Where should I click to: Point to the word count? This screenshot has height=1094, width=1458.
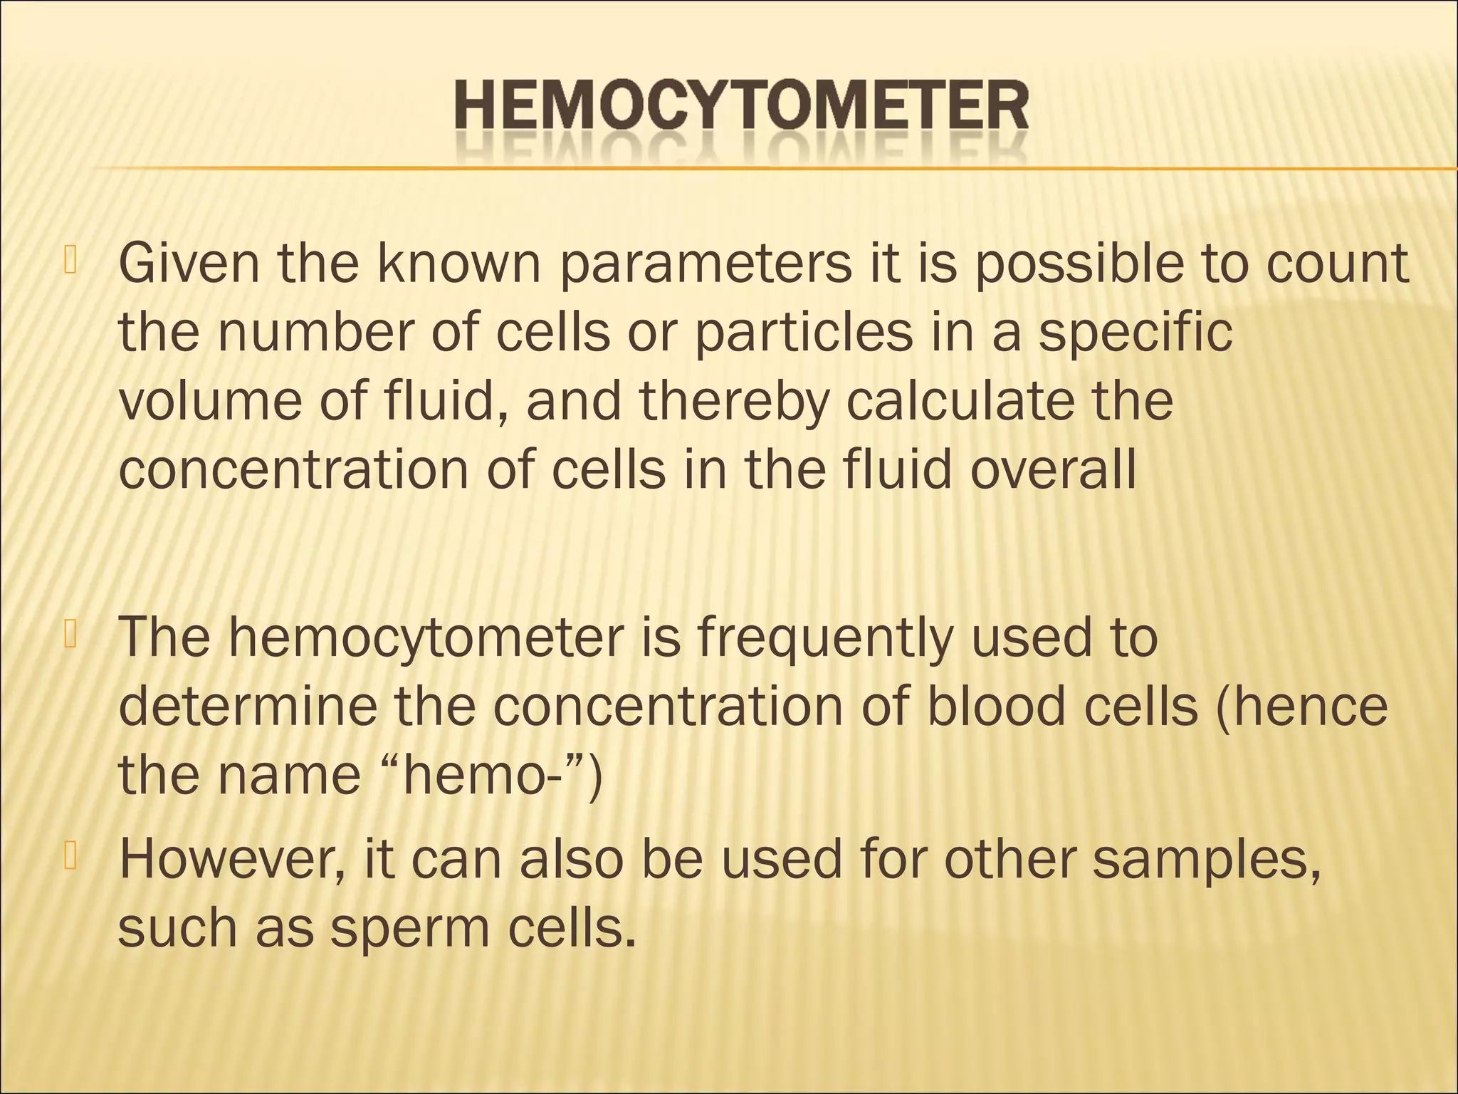click(x=1336, y=264)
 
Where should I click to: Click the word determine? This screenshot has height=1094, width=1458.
click(x=248, y=707)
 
